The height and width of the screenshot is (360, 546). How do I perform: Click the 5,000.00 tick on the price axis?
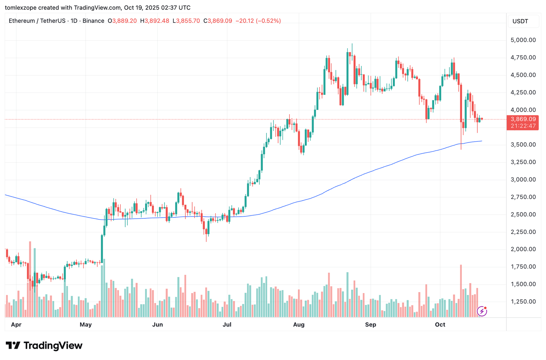[x=523, y=40]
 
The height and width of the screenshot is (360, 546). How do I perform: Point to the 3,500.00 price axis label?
[x=523, y=144]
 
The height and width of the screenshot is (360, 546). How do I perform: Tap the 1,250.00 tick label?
[x=523, y=301]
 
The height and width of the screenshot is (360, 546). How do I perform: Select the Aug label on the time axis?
[x=299, y=325]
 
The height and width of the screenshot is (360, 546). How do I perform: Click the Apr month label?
[x=16, y=325]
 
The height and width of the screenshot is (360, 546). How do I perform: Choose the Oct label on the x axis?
[x=440, y=325]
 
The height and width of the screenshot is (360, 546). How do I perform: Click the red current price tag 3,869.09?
[x=523, y=119]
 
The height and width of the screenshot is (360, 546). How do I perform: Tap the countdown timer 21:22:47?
[x=523, y=126]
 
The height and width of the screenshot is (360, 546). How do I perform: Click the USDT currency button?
[x=520, y=21]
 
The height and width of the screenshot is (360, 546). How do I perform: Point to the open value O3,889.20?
[x=122, y=21]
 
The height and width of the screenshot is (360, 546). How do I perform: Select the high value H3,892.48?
[x=155, y=21]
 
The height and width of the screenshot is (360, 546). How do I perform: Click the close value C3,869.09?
[x=218, y=21]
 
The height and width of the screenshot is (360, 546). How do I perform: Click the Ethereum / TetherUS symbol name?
[x=37, y=21]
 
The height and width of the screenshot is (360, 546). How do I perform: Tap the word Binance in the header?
[x=93, y=21]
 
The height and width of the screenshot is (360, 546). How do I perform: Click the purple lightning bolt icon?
[x=482, y=311]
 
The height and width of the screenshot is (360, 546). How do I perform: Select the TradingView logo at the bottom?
[x=44, y=345]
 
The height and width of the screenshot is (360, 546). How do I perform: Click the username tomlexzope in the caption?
[x=21, y=8]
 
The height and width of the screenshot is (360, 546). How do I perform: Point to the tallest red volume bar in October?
[x=461, y=291]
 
